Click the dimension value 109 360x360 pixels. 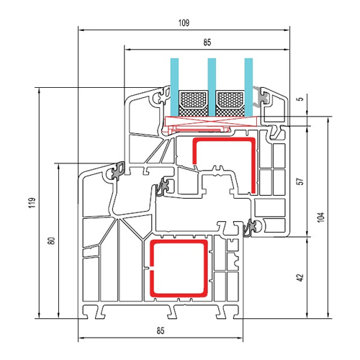point(184,23)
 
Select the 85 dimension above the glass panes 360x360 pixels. point(207,42)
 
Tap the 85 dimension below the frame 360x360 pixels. point(161,330)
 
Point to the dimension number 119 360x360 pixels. point(32,202)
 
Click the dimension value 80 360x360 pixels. point(51,240)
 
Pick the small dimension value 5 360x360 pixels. point(301,99)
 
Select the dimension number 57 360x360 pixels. point(300,181)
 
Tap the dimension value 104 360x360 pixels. point(320,217)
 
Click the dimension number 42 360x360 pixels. point(300,277)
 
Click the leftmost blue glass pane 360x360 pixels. point(174,87)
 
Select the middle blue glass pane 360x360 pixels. point(212,87)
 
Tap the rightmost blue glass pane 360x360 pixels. point(248,87)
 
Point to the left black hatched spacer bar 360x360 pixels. point(193,104)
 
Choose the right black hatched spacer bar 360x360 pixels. point(230,104)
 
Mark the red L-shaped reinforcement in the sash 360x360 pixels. point(253,163)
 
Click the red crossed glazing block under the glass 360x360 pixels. point(211,121)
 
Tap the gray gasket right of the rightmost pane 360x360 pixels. point(260,96)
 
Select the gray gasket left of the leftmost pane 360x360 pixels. point(165,95)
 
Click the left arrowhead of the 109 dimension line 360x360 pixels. point(81,30)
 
